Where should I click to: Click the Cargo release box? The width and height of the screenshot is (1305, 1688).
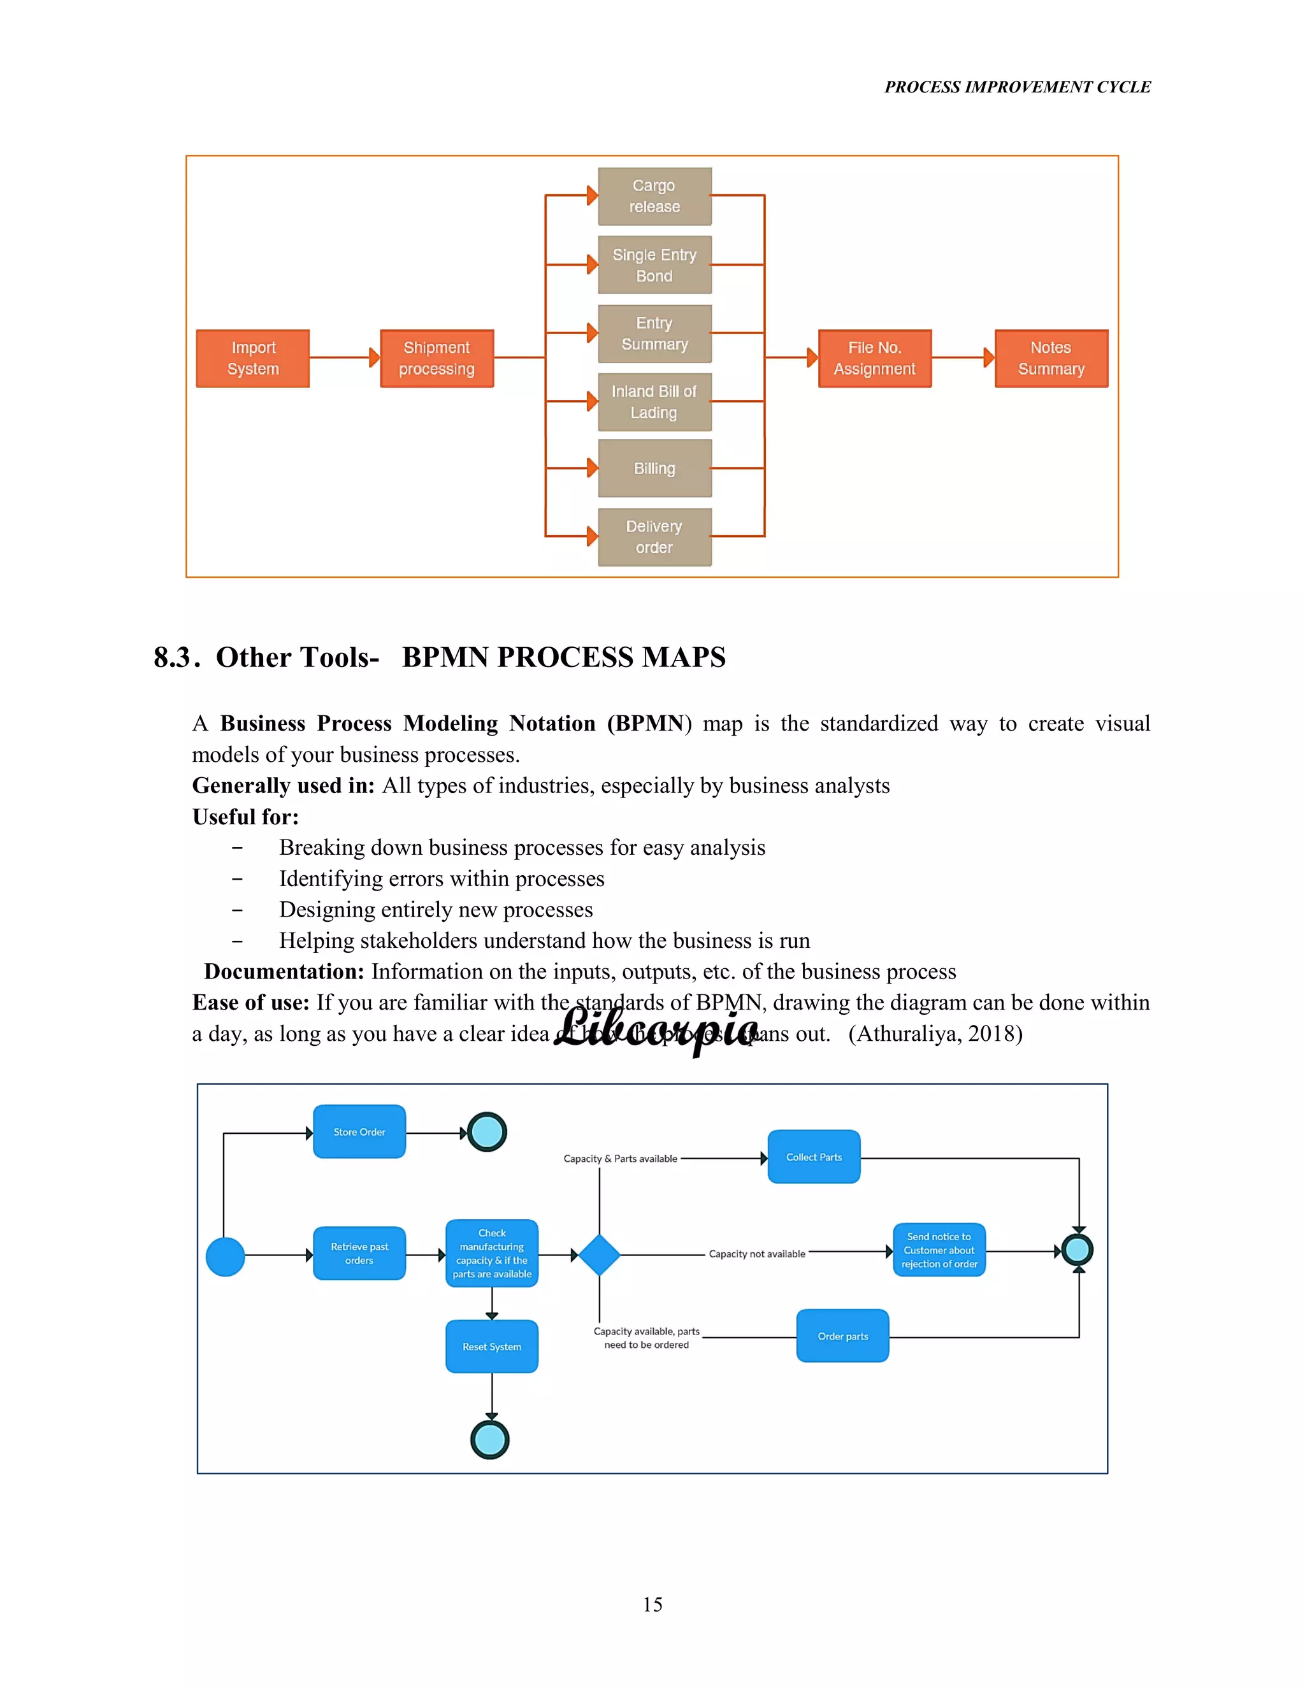(654, 196)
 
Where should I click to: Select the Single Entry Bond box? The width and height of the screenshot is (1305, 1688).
(654, 264)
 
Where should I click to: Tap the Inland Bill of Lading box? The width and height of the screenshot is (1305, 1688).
(654, 402)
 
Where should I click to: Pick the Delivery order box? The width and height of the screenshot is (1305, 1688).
(654, 536)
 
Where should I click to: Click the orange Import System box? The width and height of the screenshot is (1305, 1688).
(253, 359)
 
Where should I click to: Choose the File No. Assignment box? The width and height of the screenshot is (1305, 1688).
(874, 359)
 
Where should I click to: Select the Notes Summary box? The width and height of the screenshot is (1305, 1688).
(1051, 359)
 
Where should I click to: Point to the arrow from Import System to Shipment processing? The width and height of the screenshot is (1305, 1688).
(345, 357)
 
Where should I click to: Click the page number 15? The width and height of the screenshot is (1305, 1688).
(652, 1605)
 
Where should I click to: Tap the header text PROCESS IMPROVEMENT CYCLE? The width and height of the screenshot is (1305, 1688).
(1018, 87)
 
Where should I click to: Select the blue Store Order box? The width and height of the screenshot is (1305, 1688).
(359, 1131)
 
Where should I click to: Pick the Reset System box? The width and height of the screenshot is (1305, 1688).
(492, 1347)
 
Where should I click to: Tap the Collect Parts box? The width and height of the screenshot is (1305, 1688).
(813, 1157)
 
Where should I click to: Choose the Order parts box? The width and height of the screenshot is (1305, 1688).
(842, 1336)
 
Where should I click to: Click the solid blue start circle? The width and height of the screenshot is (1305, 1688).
(226, 1257)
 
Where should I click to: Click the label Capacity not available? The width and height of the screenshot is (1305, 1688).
(757, 1254)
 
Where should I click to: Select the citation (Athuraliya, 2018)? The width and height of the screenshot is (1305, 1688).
(935, 1034)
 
